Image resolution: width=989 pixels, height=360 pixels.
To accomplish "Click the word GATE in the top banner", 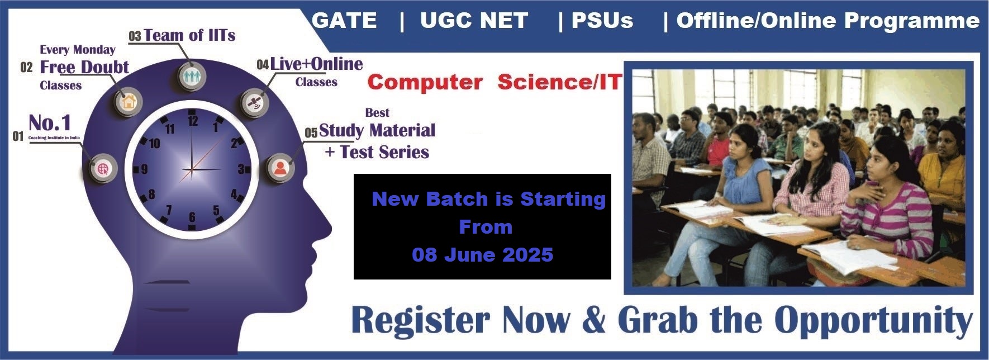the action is tap(344, 21).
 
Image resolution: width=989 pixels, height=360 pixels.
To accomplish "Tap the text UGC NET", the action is tap(474, 21).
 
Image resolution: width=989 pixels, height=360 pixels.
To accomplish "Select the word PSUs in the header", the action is tap(602, 21).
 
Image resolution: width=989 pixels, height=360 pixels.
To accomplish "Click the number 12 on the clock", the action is tap(193, 120).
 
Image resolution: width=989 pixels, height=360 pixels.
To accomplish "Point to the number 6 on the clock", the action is tap(192, 217).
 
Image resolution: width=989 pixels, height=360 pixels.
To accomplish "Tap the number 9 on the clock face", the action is tap(144, 169).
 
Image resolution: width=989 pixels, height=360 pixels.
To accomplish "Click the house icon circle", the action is tap(129, 102).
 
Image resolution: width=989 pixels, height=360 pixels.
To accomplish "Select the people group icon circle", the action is tap(192, 75).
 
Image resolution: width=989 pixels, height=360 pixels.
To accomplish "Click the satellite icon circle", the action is tap(254, 102).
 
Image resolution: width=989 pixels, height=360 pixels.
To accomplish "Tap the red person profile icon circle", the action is tap(280, 168).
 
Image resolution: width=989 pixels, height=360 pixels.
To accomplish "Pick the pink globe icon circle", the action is tap(103, 168).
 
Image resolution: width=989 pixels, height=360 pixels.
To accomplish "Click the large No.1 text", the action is tap(50, 122).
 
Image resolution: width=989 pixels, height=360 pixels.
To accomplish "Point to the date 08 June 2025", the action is tap(483, 255).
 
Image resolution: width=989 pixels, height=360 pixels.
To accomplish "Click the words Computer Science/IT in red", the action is tap(495, 82).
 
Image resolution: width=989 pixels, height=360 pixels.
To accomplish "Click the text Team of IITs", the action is tap(189, 35).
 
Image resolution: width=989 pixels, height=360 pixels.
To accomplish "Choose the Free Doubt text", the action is tap(84, 67).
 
